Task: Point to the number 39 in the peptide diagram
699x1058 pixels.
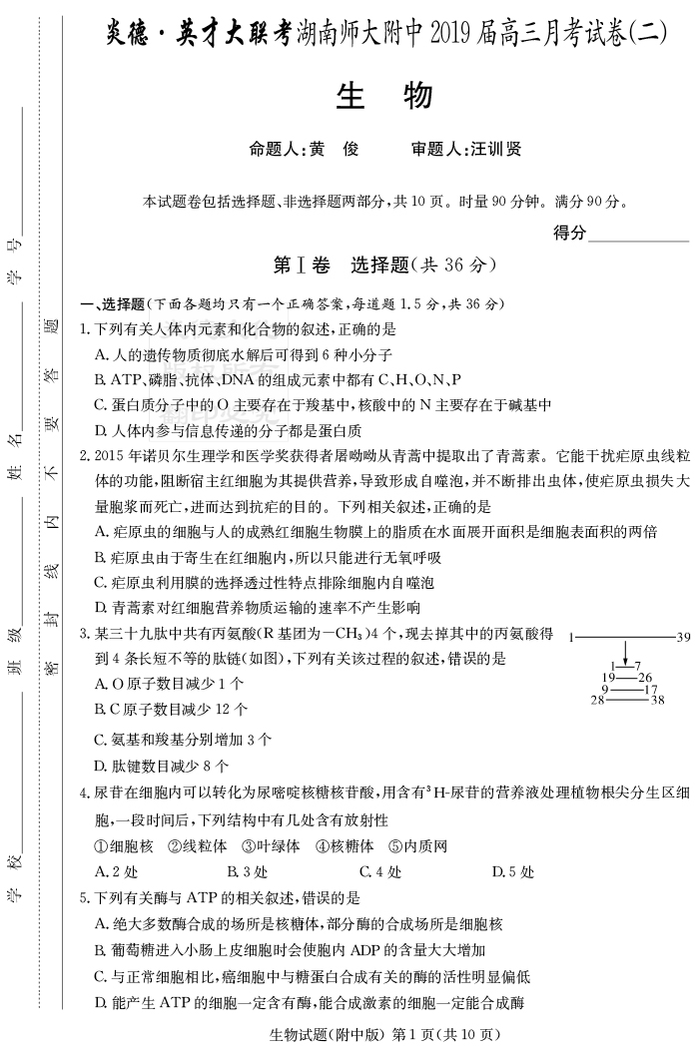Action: [x=683, y=637]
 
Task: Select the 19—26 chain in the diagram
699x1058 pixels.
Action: [x=626, y=678]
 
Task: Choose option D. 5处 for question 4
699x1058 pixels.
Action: [x=513, y=871]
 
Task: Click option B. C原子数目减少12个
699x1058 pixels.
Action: [x=171, y=710]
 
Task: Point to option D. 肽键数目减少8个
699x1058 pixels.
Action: [x=161, y=766]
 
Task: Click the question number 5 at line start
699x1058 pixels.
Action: [x=84, y=898]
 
